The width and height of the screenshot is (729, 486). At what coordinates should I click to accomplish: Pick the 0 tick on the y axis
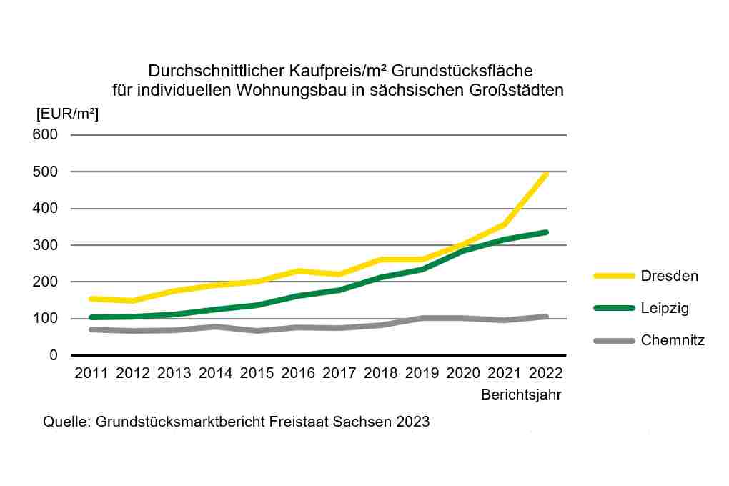[53, 355]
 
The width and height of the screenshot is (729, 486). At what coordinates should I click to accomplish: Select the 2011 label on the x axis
[91, 373]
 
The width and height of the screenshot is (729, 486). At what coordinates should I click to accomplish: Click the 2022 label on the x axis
[546, 373]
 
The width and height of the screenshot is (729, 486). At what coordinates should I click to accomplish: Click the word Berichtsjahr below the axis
[521, 395]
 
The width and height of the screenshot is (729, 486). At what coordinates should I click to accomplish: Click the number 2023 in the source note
[414, 421]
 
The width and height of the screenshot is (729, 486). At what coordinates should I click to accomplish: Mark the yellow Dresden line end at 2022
[546, 174]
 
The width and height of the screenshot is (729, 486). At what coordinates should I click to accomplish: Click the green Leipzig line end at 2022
[546, 232]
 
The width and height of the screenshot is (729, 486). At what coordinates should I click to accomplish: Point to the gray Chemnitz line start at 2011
[91, 329]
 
